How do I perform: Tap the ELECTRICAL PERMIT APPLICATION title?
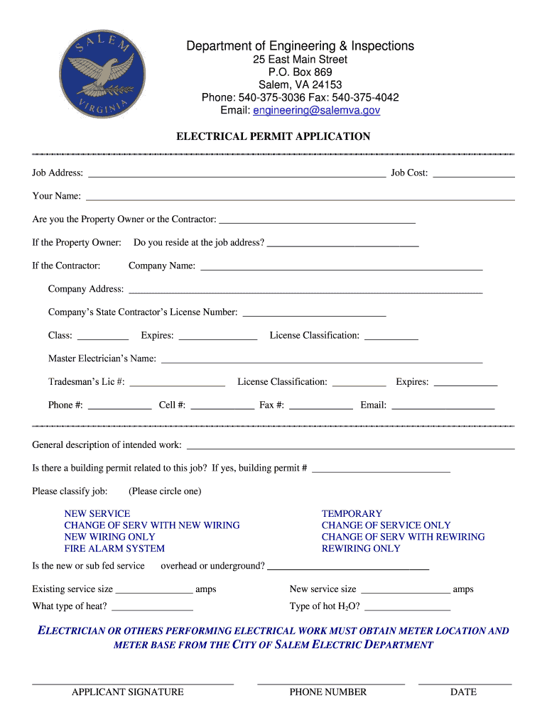pos(273,136)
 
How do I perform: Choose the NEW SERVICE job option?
pos(97,513)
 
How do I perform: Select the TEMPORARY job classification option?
pos(352,513)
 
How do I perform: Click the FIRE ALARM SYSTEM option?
pos(114,548)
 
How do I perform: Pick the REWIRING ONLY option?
pos(361,548)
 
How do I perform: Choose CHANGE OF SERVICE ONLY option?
pos(386,525)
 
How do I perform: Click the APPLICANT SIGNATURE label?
pos(128,692)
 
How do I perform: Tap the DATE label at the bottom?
pos(463,692)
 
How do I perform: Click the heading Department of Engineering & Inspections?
pos(300,46)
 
